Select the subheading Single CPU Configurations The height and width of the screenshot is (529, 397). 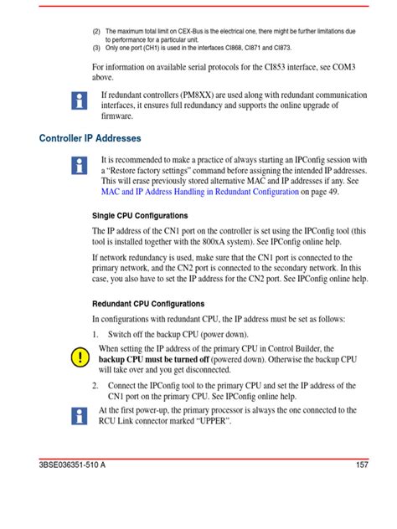tap(139, 216)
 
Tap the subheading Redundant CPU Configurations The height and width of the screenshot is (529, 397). tap(147, 304)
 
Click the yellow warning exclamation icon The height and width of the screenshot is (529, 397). tap(80, 357)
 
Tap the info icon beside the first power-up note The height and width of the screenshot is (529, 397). tap(80, 416)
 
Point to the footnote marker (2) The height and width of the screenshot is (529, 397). tap(96, 31)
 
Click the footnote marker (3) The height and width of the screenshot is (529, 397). tap(96, 48)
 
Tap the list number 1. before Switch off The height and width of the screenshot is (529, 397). tap(95, 333)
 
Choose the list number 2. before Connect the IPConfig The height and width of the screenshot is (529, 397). tap(95, 386)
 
